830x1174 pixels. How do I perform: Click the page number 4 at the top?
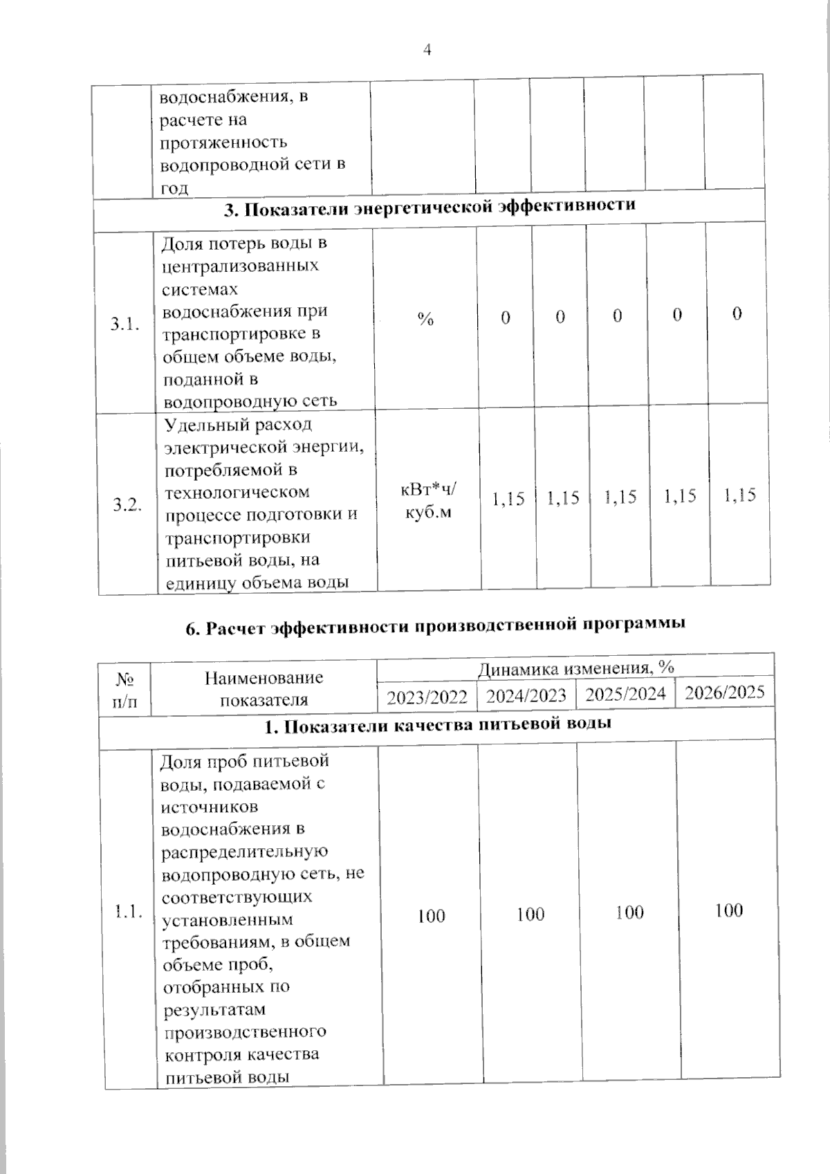coord(427,49)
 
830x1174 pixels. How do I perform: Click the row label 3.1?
coord(125,324)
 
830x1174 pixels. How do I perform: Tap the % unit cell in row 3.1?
coord(425,319)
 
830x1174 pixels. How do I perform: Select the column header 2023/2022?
coord(427,697)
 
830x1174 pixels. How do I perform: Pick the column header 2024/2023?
coord(526,695)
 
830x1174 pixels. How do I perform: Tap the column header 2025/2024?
coord(625,694)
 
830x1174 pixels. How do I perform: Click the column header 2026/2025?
coord(724,692)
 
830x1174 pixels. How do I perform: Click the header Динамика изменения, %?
coord(575,668)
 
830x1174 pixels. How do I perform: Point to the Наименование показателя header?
coord(264,688)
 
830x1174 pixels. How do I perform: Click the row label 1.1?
coord(129,912)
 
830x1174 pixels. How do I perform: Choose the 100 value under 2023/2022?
coord(431,916)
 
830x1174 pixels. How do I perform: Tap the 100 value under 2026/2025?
coord(728,910)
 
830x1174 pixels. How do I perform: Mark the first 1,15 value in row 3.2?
coord(508,499)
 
